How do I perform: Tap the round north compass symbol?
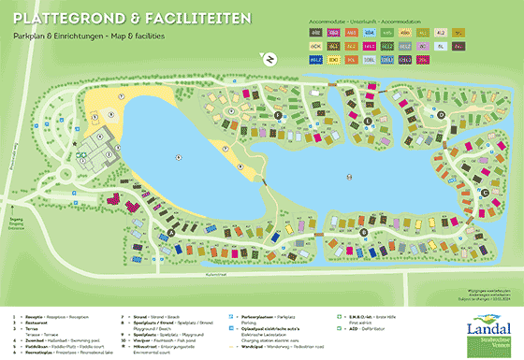coord(269,60)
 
